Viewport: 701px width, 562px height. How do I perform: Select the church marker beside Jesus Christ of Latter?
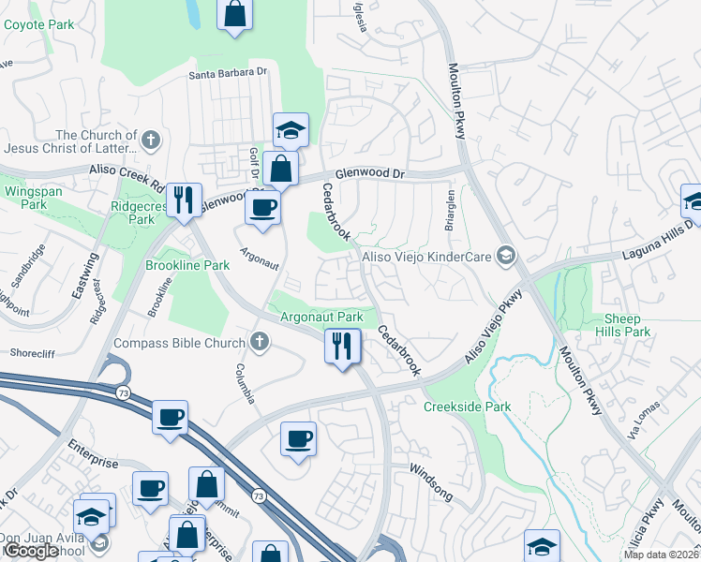[x=150, y=141]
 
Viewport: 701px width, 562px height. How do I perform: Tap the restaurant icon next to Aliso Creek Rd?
[x=184, y=200]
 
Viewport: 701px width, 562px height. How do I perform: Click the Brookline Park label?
[x=187, y=266]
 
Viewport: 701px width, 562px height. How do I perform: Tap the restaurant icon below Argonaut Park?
[x=342, y=346]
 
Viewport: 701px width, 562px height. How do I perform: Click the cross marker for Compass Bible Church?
[x=260, y=343]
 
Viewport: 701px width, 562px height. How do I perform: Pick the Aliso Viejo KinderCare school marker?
[x=506, y=256]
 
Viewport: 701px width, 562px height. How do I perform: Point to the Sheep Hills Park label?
[x=622, y=325]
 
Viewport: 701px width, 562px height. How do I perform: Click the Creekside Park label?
[x=467, y=407]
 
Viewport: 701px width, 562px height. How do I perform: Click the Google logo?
[x=32, y=552]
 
